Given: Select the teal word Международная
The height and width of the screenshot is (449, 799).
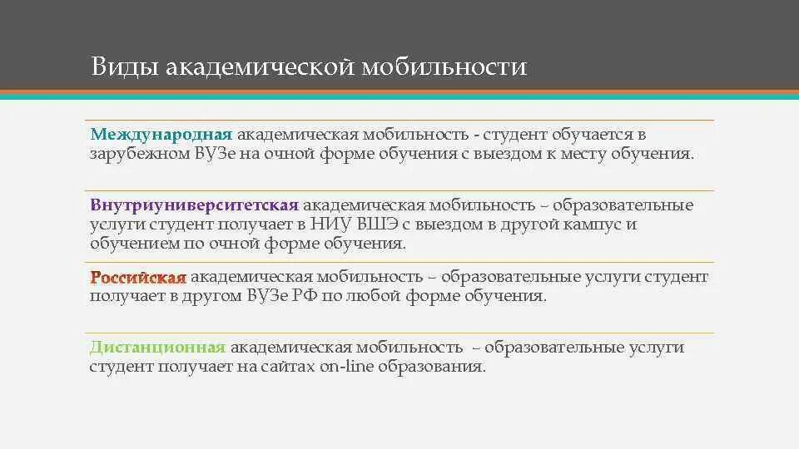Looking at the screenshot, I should (x=161, y=134).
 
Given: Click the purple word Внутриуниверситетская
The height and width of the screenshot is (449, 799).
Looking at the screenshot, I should (x=194, y=205).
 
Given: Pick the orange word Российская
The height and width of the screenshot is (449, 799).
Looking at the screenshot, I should (x=138, y=277).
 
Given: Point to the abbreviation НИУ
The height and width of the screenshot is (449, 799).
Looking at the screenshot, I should (x=336, y=224).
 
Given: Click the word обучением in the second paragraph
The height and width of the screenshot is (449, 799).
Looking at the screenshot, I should (x=132, y=244).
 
